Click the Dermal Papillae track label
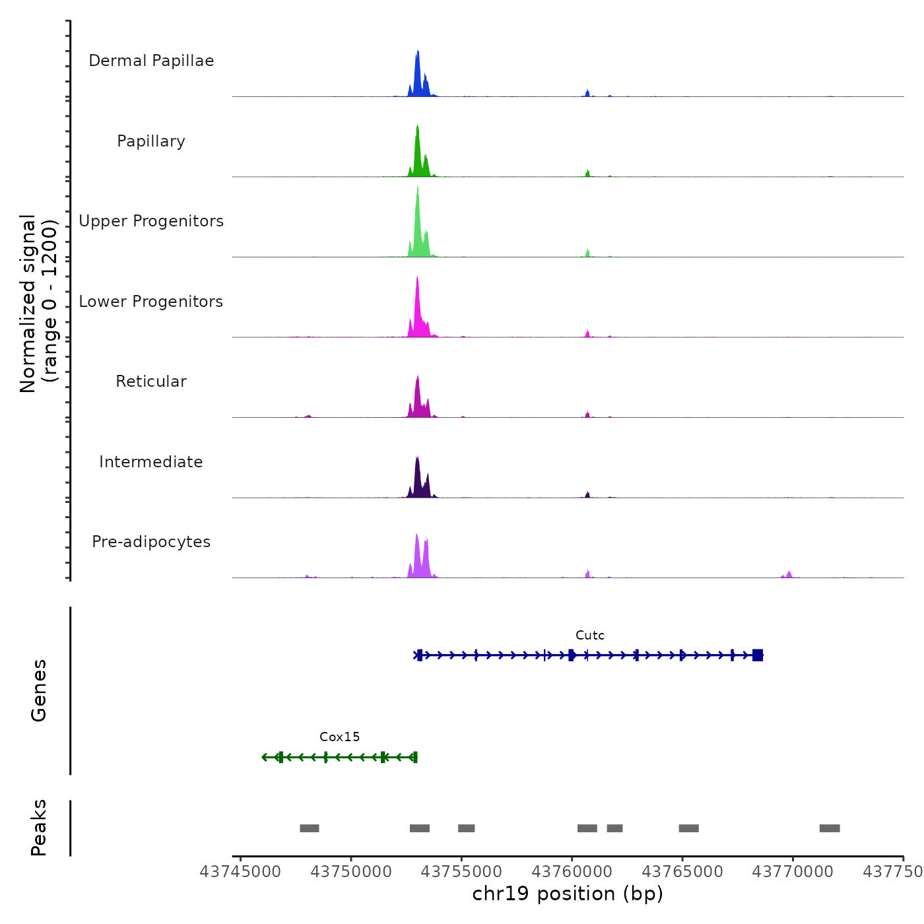coord(151,61)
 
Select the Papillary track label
coord(151,141)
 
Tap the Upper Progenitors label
coord(151,221)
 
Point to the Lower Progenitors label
coord(151,302)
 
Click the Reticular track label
coord(151,381)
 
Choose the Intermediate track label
coord(151,462)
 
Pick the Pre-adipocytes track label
coord(151,542)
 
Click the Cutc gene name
coord(589,636)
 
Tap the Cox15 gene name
coord(340,737)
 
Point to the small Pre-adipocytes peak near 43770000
coord(789,574)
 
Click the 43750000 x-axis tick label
coord(351,872)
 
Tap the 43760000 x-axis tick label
coord(572,872)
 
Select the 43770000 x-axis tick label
coord(793,872)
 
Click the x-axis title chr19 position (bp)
coord(568,894)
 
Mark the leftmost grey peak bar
coord(310,828)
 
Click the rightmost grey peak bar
coord(830,828)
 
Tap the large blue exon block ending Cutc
coord(758,655)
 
